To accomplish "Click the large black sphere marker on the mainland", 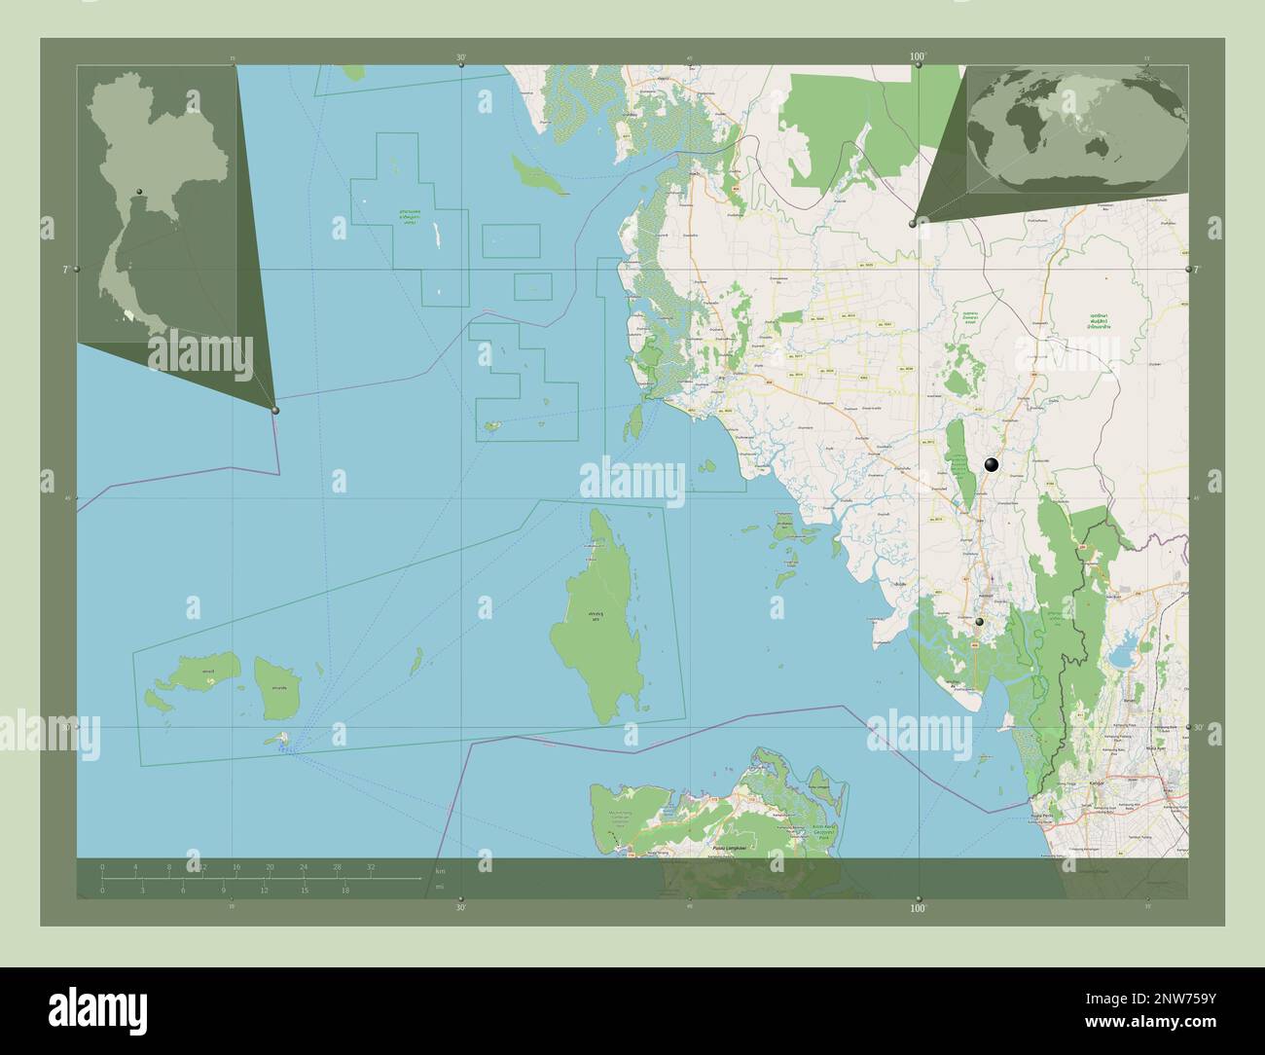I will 992,465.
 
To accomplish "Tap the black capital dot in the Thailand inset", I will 140,191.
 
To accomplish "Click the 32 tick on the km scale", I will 371,866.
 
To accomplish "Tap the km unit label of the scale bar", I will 441,870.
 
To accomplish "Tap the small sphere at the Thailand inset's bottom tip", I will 276,411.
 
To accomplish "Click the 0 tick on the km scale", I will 102,866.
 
